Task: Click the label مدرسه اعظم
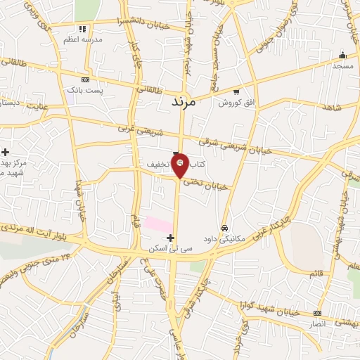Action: (x=83, y=41)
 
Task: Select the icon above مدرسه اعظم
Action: (x=82, y=30)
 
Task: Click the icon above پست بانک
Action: (x=85, y=79)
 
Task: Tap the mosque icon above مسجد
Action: (x=342, y=55)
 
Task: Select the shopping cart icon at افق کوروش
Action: (x=236, y=91)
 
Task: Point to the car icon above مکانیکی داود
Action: (x=224, y=228)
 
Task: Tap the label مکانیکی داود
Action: (x=224, y=238)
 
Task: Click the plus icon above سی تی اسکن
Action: (x=170, y=238)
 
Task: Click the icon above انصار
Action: (x=317, y=313)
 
